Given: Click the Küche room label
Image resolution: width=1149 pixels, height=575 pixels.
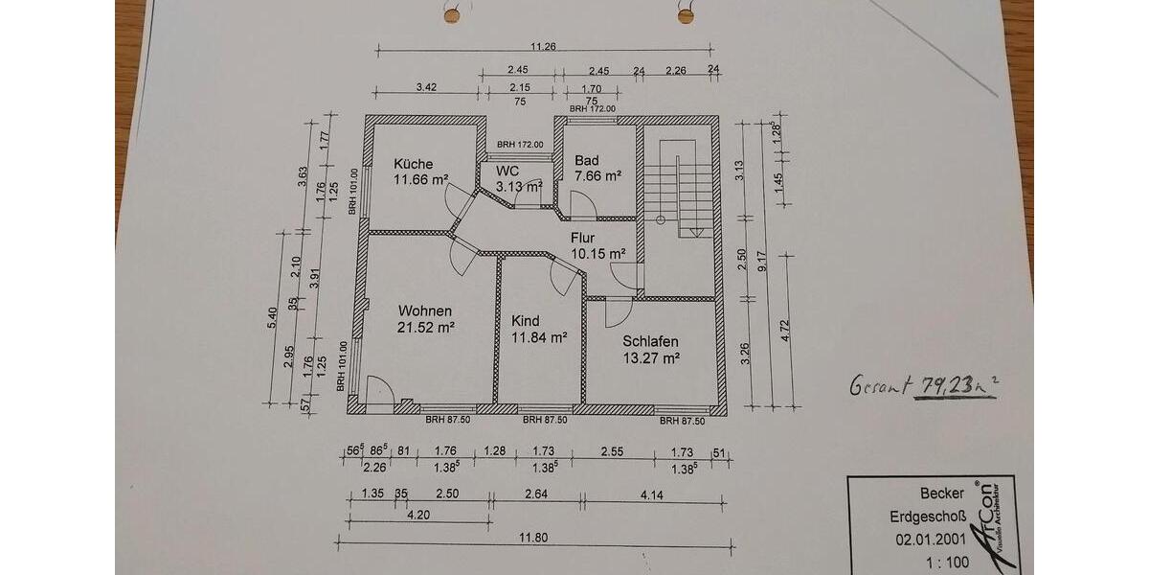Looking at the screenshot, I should click(x=413, y=163).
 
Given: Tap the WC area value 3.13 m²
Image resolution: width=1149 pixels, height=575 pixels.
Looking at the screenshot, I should click(x=518, y=186).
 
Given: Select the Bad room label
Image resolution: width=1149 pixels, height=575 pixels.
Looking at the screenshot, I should click(x=586, y=161).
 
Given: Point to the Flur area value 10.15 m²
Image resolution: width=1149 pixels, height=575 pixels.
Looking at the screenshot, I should click(x=597, y=254).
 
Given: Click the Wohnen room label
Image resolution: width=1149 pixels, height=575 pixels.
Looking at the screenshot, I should click(x=425, y=311).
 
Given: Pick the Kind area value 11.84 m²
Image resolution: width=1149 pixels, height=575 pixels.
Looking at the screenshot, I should click(x=539, y=337).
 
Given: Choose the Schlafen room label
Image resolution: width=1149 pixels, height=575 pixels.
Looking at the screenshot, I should click(x=650, y=341).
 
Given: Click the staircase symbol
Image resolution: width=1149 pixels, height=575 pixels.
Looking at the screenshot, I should click(x=678, y=187).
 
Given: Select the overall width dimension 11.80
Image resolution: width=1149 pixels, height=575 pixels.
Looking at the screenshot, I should click(x=533, y=538).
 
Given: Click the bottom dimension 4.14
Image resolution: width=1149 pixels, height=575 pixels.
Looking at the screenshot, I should click(x=652, y=494).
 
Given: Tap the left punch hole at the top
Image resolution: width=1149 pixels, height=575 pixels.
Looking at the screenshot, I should click(x=452, y=15).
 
